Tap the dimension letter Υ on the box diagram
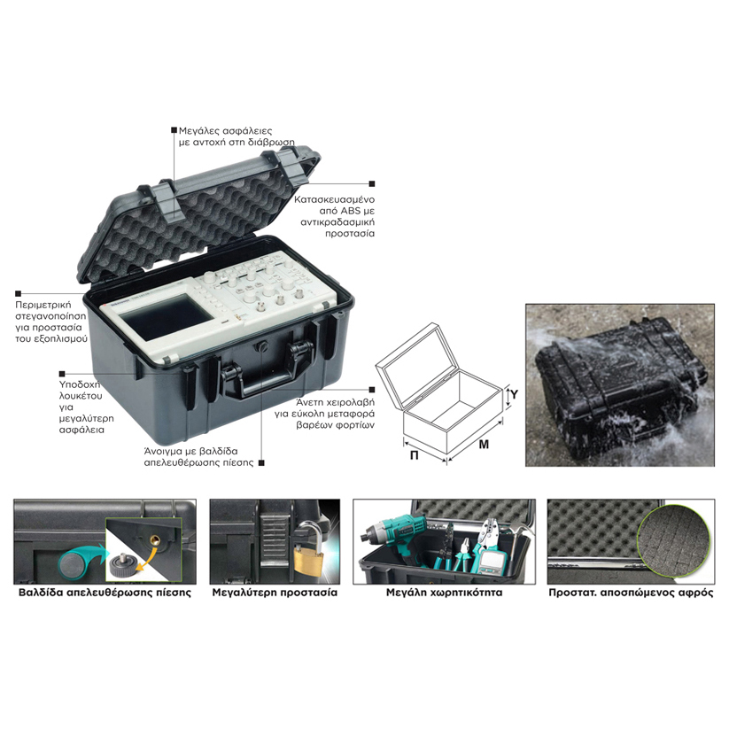pyautogui.click(x=514, y=394)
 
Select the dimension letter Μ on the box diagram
pyautogui.click(x=484, y=445)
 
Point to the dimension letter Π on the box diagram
pyautogui.click(x=414, y=455)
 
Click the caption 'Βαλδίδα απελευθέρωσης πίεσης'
pyautogui.click(x=105, y=593)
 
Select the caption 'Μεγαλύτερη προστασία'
pyautogui.click(x=275, y=593)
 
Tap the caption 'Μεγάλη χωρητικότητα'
pyautogui.click(x=444, y=593)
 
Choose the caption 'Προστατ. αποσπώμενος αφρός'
pyautogui.click(x=631, y=593)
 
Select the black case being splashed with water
pyautogui.click(x=621, y=379)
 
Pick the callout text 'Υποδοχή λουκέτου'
pyautogui.click(x=81, y=390)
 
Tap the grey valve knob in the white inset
pyautogui.click(x=122, y=564)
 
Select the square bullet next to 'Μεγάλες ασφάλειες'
pyautogui.click(x=174, y=130)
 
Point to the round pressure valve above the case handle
pyautogui.click(x=262, y=346)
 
